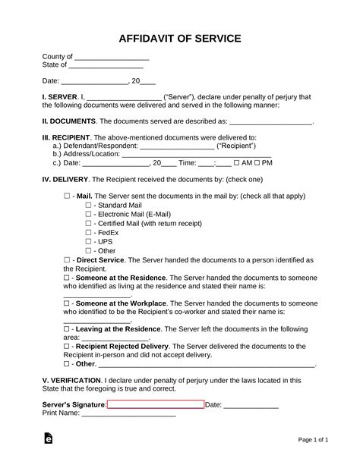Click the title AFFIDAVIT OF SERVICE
point(180,38)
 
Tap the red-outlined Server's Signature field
point(156,404)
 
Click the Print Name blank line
point(128,414)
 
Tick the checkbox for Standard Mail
point(88,205)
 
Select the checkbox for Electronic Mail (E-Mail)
point(88,214)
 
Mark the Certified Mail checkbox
point(88,223)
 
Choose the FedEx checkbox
point(88,232)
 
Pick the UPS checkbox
point(88,241)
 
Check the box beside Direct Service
point(67,259)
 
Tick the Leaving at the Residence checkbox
point(67,328)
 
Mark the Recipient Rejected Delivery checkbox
point(67,345)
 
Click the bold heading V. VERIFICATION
point(71,379)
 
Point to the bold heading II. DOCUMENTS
point(69,121)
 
